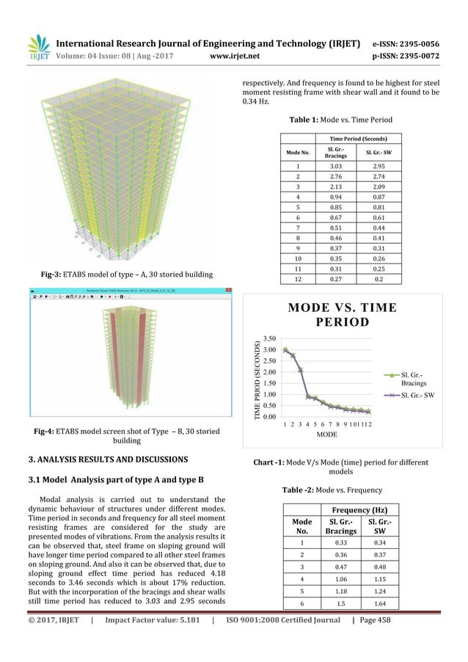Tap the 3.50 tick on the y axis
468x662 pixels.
[269, 338]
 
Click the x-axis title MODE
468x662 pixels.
[326, 435]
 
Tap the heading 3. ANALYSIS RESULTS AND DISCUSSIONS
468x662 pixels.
[108, 459]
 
